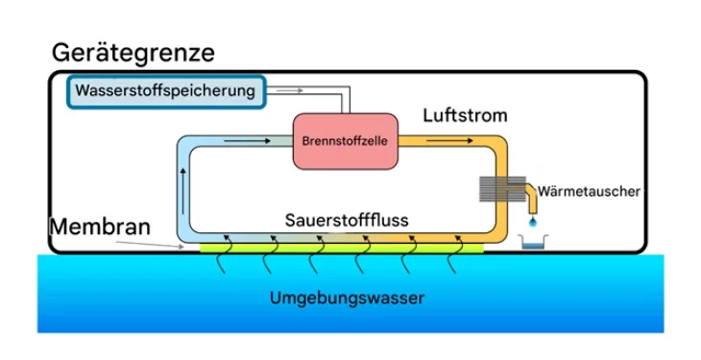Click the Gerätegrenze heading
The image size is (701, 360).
133,52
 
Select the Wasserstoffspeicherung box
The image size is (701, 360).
166,92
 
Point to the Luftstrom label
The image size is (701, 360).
465,116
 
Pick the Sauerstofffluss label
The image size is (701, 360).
347,221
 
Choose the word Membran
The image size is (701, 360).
100,227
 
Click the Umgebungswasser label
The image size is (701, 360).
347,298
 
